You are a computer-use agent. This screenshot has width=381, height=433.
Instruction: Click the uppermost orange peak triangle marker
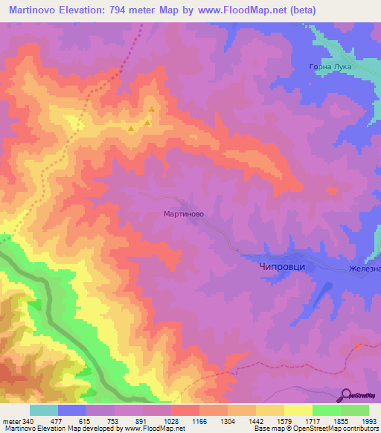point(151,110)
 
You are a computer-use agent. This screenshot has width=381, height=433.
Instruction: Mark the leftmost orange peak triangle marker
point(132,130)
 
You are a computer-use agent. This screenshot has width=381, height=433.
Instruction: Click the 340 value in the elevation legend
point(28,421)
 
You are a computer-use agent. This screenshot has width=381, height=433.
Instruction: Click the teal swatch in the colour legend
point(44,410)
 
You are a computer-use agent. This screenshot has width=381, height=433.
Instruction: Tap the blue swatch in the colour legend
point(72,410)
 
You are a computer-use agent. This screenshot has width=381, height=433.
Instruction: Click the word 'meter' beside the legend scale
point(10,421)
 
